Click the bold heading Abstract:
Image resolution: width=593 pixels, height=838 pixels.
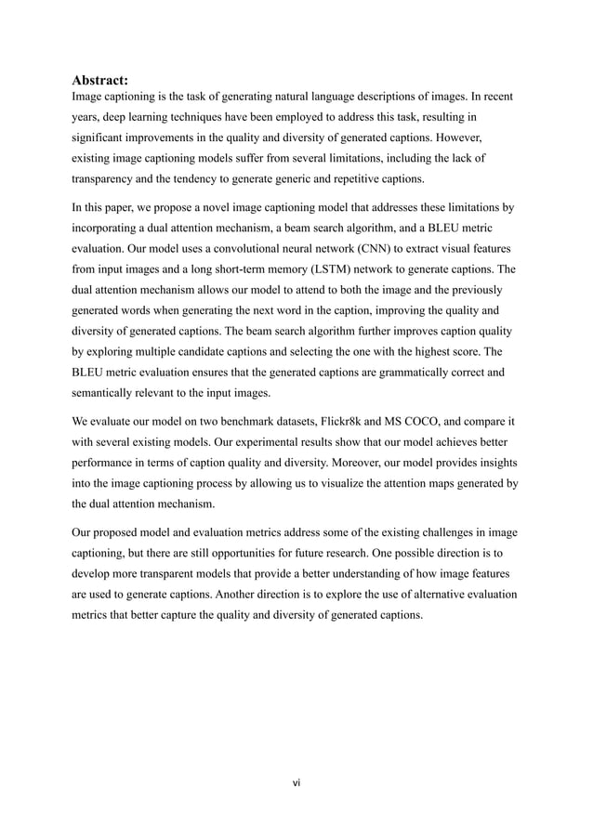(101, 81)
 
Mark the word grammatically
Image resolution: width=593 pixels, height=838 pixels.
(383, 373)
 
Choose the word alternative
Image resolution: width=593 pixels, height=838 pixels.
(440, 595)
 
